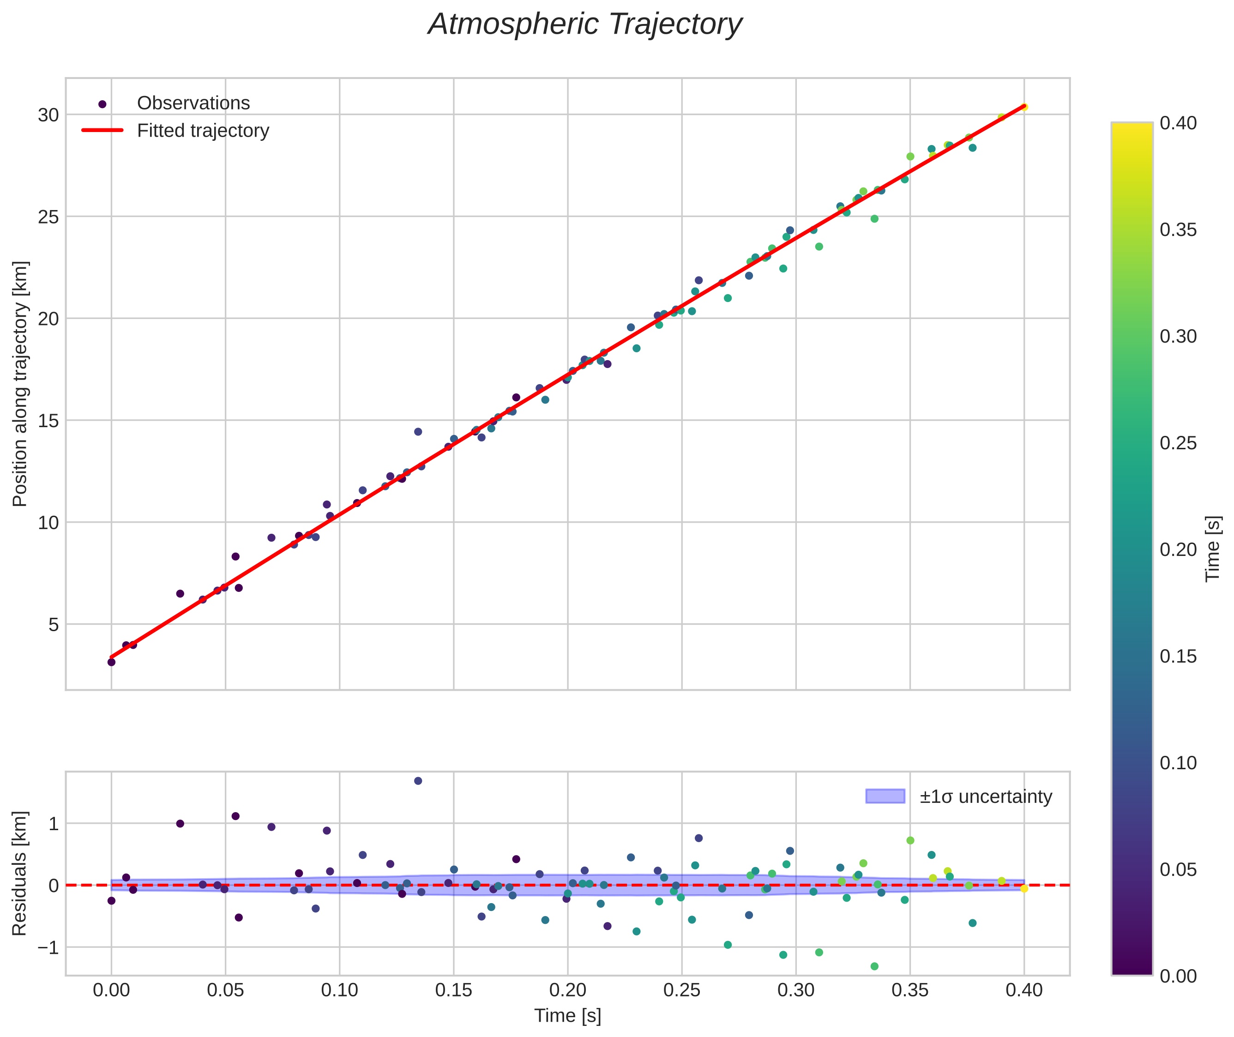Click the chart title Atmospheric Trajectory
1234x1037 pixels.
tap(585, 24)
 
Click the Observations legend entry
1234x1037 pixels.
tap(193, 103)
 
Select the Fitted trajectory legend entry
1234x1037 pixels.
tap(202, 131)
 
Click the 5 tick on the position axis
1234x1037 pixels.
tap(54, 625)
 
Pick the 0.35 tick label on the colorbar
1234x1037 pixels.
tap(1178, 230)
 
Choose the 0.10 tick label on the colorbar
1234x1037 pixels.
tap(1178, 763)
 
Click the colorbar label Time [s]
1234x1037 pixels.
tap(1213, 549)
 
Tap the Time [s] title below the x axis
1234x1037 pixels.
tap(567, 1016)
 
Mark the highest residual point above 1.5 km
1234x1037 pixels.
tap(418, 781)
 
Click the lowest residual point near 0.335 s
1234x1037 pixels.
tap(874, 966)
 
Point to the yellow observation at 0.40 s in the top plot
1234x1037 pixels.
tap(1024, 107)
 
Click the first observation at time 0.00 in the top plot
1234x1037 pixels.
tap(111, 662)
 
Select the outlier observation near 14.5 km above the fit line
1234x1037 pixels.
tap(418, 432)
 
